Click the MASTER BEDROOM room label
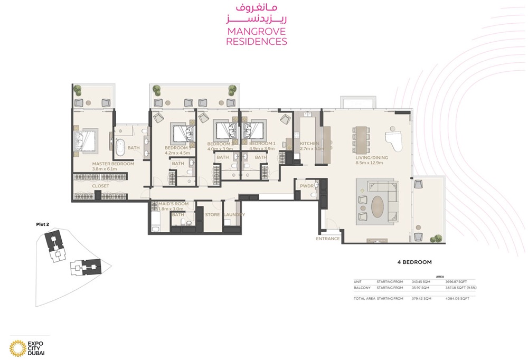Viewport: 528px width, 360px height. pyautogui.click(x=114, y=164)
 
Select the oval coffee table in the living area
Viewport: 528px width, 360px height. pyautogui.click(x=379, y=207)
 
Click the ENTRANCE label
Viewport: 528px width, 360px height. pyautogui.click(x=328, y=239)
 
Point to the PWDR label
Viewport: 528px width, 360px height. pyautogui.click(x=307, y=186)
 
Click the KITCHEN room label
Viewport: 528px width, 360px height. pyautogui.click(x=309, y=144)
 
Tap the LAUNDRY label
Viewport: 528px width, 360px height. pyautogui.click(x=234, y=215)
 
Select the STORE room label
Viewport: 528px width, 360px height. pyautogui.click(x=212, y=215)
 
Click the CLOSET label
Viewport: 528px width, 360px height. pyautogui.click(x=100, y=186)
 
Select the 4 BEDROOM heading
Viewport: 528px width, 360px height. pyautogui.click(x=414, y=262)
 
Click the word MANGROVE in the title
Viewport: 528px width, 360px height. pyautogui.click(x=256, y=31)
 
